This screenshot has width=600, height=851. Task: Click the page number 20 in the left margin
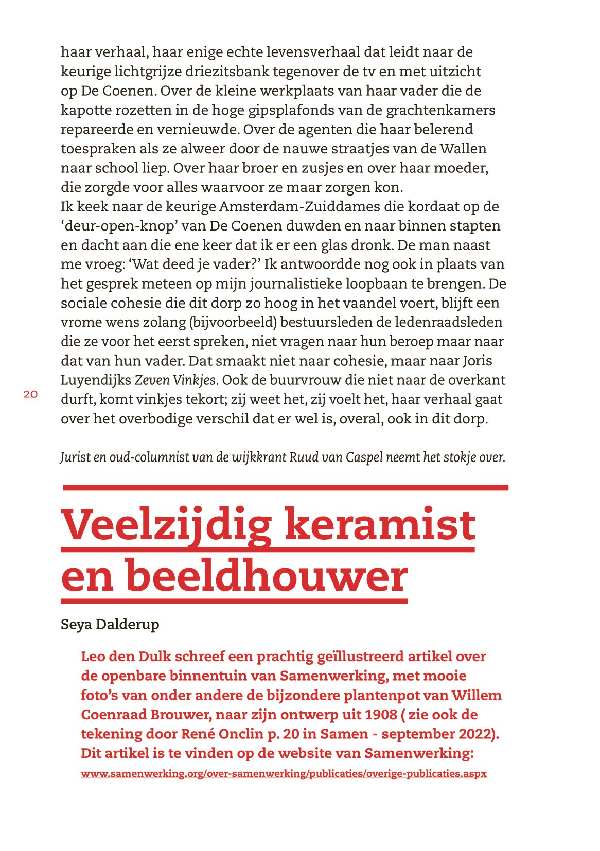(x=30, y=395)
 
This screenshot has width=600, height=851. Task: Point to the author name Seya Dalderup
(x=110, y=624)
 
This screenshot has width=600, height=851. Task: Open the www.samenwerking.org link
(x=284, y=774)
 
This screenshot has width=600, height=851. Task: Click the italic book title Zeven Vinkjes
(x=175, y=380)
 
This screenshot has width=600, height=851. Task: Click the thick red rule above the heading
(x=285, y=487)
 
